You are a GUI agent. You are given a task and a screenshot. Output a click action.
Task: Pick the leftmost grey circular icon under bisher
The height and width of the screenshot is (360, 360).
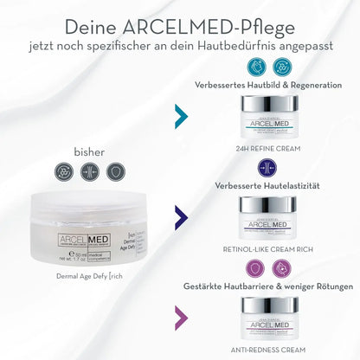64,171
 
